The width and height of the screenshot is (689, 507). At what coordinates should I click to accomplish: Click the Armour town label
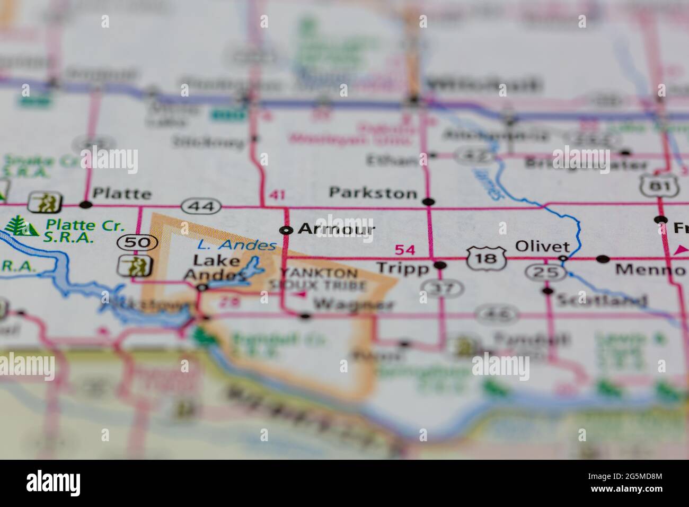point(336,229)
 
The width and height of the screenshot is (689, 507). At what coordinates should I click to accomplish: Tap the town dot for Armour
point(286,230)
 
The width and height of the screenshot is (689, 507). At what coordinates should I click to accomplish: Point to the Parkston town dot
point(429,202)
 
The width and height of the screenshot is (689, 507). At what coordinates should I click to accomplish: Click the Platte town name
point(121,194)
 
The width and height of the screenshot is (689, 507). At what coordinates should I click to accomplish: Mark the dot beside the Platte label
point(85,204)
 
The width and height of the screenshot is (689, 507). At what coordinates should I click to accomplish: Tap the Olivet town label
point(536,247)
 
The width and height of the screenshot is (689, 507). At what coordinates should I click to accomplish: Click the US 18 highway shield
point(479,258)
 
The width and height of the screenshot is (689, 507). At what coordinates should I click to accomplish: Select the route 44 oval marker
point(197,205)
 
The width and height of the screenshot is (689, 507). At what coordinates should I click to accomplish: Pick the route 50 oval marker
point(130,243)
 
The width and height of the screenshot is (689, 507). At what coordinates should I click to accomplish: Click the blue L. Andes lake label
point(236,245)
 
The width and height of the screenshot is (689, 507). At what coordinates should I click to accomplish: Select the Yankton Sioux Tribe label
point(321,279)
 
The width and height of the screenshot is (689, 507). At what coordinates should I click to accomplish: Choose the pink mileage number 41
point(277,195)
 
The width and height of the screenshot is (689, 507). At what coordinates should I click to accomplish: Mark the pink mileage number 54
point(405,250)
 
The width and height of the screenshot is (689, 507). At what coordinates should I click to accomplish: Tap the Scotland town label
point(601,301)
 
